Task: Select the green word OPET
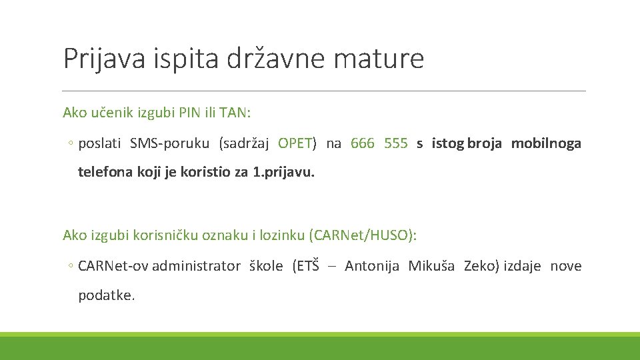click(295, 143)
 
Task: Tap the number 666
click(363, 143)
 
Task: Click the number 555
click(396, 143)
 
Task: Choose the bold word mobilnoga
click(546, 143)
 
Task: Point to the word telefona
click(103, 172)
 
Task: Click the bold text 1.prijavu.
click(284, 172)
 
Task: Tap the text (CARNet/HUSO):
click(363, 235)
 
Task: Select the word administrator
click(196, 266)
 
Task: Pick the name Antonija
click(372, 266)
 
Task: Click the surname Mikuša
click(431, 266)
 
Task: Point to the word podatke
click(107, 295)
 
